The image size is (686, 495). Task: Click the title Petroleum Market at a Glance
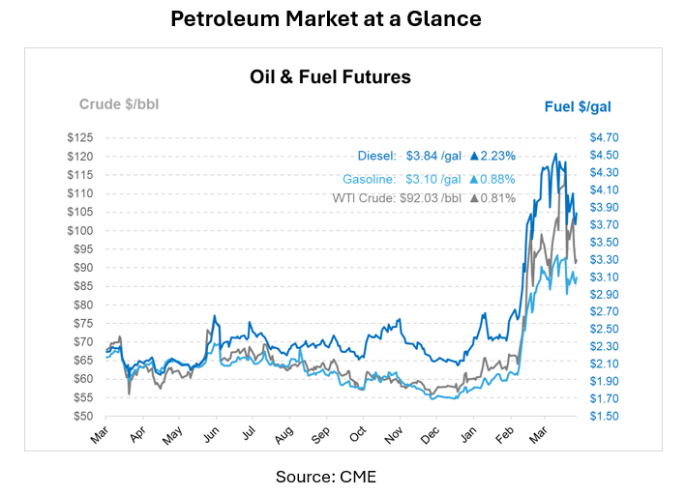coord(326,19)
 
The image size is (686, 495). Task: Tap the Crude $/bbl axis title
coord(118,104)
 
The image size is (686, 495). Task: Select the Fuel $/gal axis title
coord(577,105)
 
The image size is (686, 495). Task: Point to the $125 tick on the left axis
coord(79,137)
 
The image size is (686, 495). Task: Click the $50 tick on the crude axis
coord(82,416)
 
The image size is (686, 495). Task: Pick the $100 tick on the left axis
coord(79,230)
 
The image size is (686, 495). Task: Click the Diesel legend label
coord(376,155)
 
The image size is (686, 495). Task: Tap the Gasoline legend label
coord(369,179)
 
